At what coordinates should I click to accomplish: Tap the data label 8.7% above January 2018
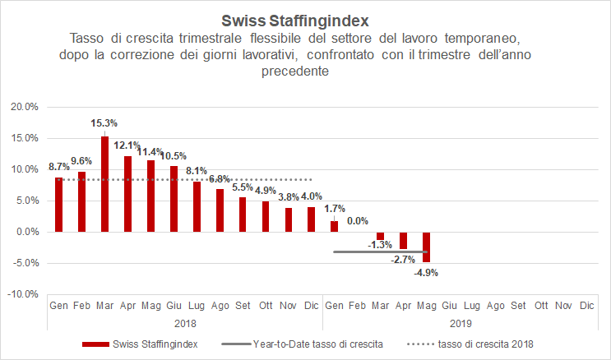(58, 166)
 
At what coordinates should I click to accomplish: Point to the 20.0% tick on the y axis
(24, 107)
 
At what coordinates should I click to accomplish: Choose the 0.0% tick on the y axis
(25, 232)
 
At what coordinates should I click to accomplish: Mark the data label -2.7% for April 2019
(403, 260)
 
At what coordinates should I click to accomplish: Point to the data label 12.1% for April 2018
(127, 145)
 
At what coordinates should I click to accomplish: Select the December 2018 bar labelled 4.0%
(311, 219)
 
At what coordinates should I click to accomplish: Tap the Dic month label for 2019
(586, 305)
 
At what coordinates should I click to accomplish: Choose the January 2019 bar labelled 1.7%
(334, 226)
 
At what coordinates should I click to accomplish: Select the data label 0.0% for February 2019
(357, 221)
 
